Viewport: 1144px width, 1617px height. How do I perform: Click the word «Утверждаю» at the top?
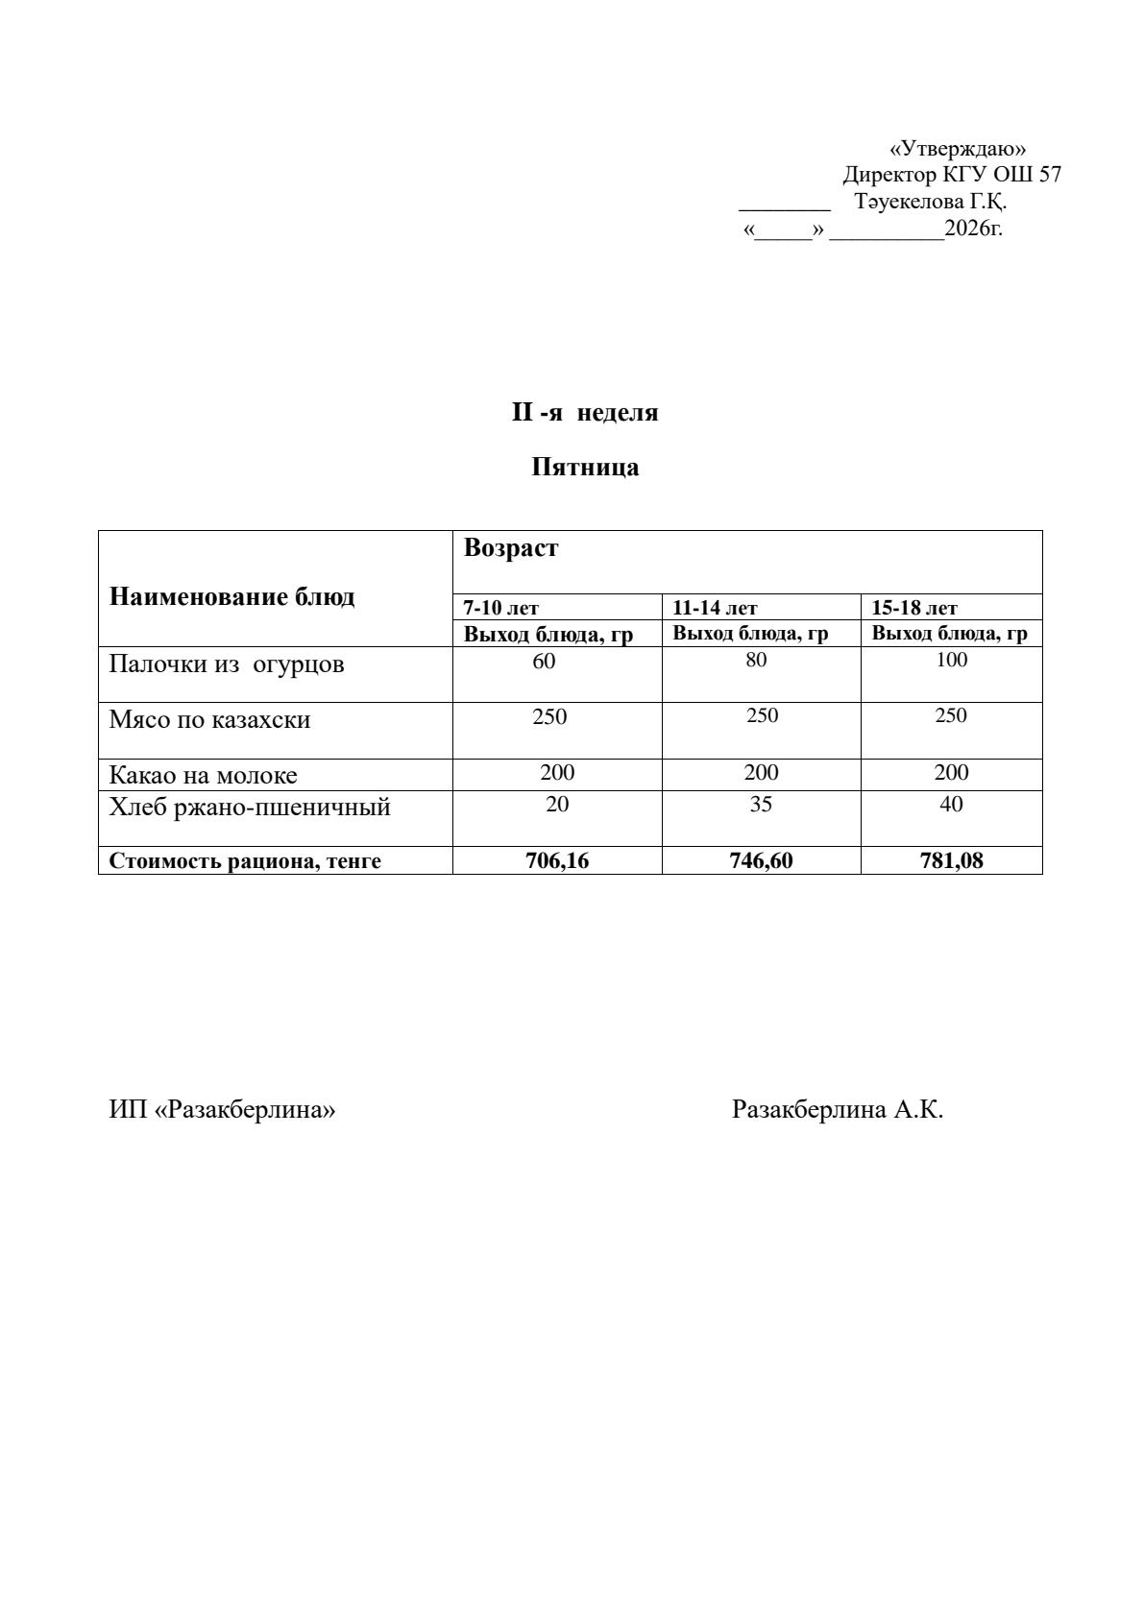coord(958,149)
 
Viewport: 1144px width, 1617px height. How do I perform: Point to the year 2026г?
coord(973,229)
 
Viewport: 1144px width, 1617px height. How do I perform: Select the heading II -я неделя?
coord(584,413)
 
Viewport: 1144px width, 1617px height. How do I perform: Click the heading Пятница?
coord(585,468)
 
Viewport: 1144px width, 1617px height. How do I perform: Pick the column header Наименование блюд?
coord(231,597)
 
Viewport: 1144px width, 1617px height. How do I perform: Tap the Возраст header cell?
coord(510,548)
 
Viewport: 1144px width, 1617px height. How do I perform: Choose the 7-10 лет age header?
coord(500,608)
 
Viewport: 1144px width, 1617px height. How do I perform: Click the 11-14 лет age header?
coord(715,608)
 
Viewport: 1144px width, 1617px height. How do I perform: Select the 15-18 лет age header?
coord(913,608)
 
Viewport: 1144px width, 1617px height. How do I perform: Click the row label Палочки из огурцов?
coord(227,664)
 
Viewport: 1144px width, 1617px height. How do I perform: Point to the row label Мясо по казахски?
coord(209,720)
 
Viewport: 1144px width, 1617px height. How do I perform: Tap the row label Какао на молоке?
coord(203,775)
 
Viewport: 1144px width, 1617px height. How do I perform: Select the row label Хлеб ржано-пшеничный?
coord(250,807)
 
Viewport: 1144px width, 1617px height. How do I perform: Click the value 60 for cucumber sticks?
coord(544,661)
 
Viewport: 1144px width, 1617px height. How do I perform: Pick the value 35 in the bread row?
coord(760,805)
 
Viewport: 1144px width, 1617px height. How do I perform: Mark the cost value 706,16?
coord(557,860)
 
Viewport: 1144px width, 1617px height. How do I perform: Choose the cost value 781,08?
coord(951,860)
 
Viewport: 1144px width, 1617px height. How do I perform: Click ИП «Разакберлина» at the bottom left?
coord(222,1110)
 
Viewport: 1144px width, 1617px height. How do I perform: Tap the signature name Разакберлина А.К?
coord(837,1110)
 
